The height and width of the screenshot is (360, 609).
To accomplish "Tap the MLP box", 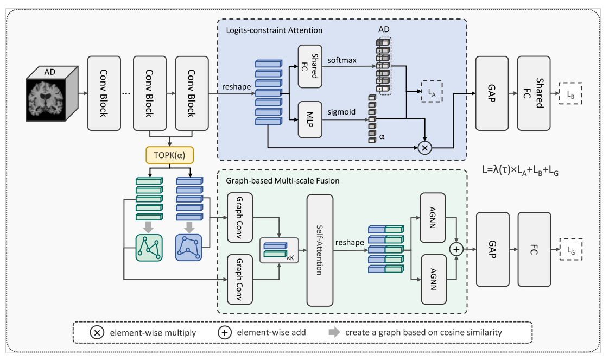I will tap(310, 119).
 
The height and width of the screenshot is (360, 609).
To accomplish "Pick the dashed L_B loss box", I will tap(570, 93).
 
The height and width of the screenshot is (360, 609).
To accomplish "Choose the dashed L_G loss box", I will tap(570, 250).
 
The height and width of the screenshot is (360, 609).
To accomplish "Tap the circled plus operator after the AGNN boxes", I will tap(456, 249).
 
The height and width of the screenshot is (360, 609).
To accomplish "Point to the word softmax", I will tap(342, 60).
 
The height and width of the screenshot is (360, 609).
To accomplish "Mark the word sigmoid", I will tap(341, 112).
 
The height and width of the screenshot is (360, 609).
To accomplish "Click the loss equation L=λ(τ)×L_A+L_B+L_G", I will tap(525, 168).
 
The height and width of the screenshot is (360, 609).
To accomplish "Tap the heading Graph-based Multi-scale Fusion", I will tap(277, 181).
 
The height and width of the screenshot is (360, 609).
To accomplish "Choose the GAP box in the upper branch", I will tap(492, 93).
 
